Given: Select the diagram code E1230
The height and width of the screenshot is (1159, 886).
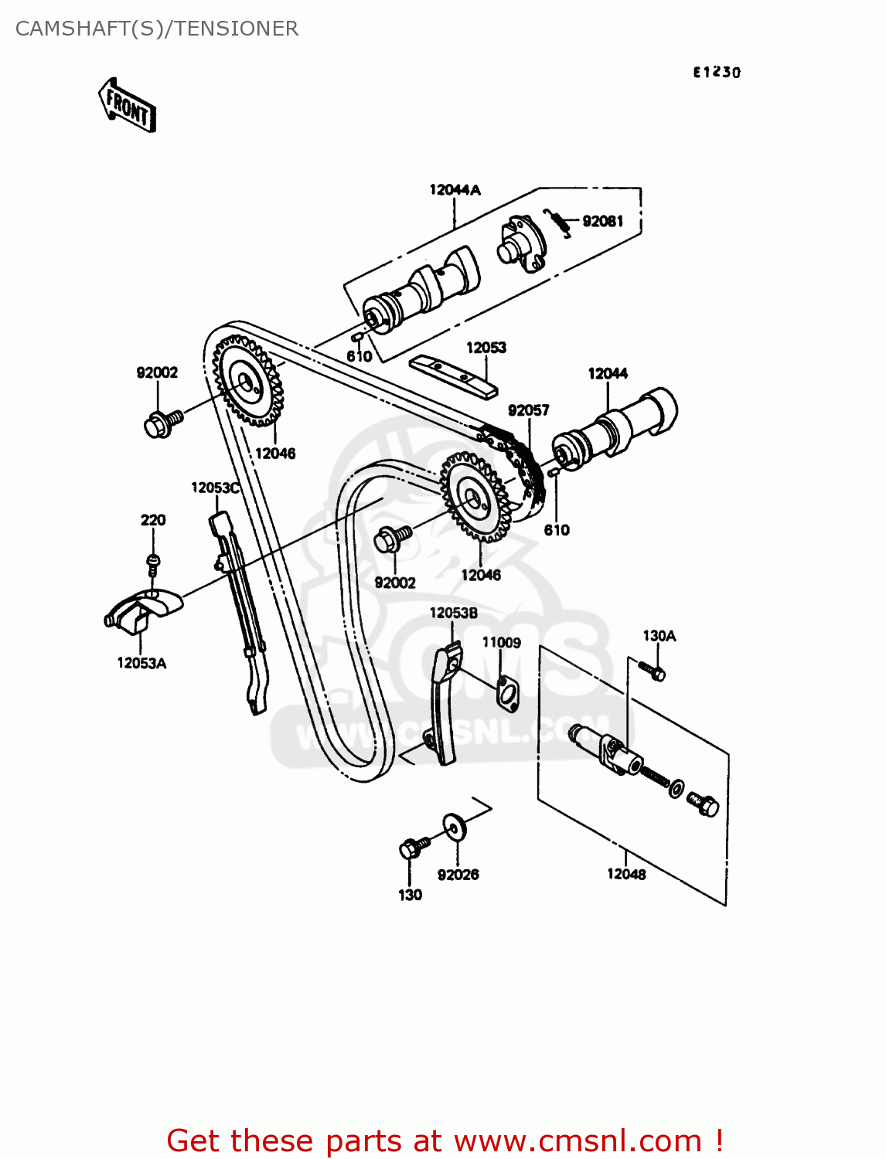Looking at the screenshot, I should tap(716, 72).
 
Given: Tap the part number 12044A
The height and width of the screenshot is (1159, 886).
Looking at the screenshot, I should tap(455, 189).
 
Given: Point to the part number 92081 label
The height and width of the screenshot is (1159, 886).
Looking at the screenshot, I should tap(602, 221).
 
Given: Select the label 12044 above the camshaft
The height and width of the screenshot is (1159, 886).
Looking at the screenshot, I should tap(608, 373).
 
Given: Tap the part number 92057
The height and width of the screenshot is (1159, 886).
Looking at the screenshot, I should tap(528, 410).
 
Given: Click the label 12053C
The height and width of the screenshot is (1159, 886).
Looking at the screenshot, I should tap(215, 488).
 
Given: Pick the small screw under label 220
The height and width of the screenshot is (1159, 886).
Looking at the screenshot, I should tap(153, 564).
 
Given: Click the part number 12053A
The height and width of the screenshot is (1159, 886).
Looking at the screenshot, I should tap(141, 663).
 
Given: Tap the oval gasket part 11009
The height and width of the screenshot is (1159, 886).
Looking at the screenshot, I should tap(507, 693).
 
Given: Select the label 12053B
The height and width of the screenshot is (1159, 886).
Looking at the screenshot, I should tap(453, 613).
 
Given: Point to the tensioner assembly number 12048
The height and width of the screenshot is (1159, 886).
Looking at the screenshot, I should tap(626, 874).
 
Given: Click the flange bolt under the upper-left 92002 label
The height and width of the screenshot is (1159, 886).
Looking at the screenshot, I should tap(161, 423).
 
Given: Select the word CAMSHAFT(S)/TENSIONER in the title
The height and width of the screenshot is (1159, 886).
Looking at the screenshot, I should tap(157, 29).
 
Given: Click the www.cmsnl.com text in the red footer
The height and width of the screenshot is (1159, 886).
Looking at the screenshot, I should tap(577, 1140).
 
